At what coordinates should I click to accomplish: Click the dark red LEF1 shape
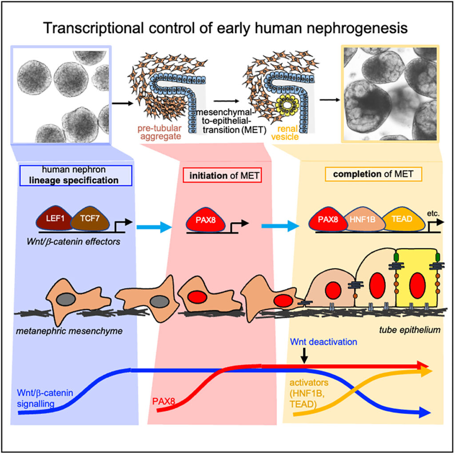53,221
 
